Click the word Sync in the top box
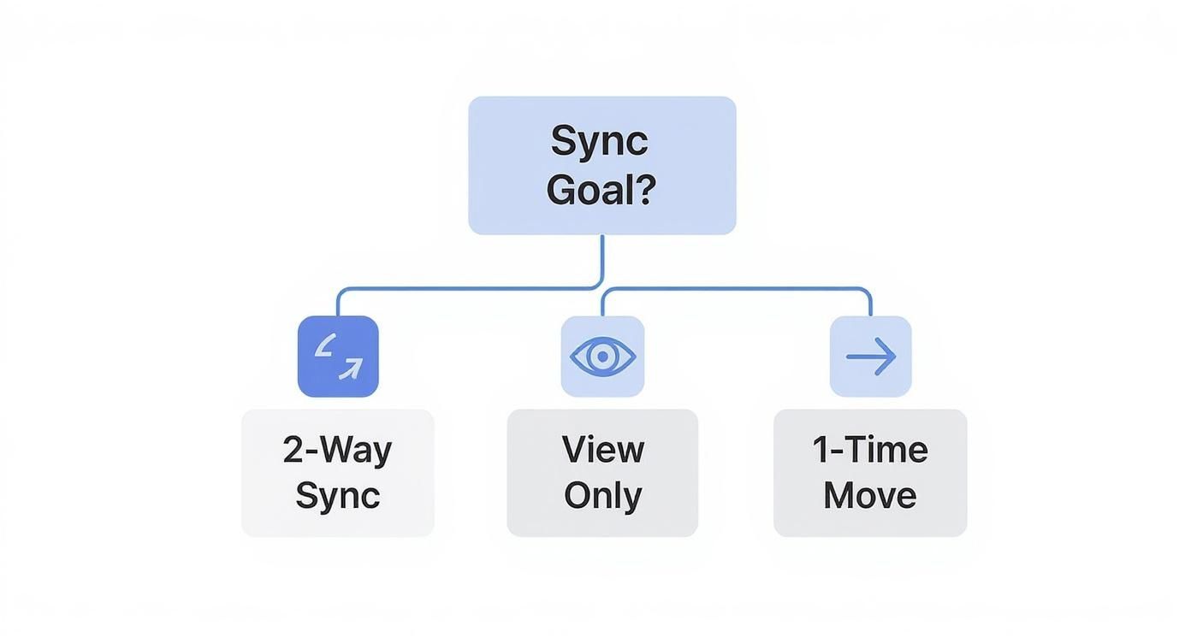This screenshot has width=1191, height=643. (x=599, y=141)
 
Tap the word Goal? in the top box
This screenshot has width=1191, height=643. (x=601, y=189)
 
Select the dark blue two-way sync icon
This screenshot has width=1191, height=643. (x=338, y=357)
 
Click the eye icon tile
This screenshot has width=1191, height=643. (x=602, y=357)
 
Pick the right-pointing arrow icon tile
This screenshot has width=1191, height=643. (x=870, y=357)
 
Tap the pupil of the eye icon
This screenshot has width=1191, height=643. (x=602, y=357)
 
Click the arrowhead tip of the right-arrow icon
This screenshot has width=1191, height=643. (x=893, y=357)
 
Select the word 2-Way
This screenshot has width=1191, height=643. (x=337, y=450)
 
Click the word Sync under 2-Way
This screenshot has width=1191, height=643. (x=337, y=496)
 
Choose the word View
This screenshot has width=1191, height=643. (x=602, y=450)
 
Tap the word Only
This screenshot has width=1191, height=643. (x=602, y=496)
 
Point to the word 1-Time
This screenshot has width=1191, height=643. (x=870, y=450)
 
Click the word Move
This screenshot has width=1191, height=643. (x=870, y=496)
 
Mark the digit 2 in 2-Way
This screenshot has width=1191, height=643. (x=293, y=450)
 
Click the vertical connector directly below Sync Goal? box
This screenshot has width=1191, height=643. (x=602, y=257)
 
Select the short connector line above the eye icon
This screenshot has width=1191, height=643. (x=602, y=303)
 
